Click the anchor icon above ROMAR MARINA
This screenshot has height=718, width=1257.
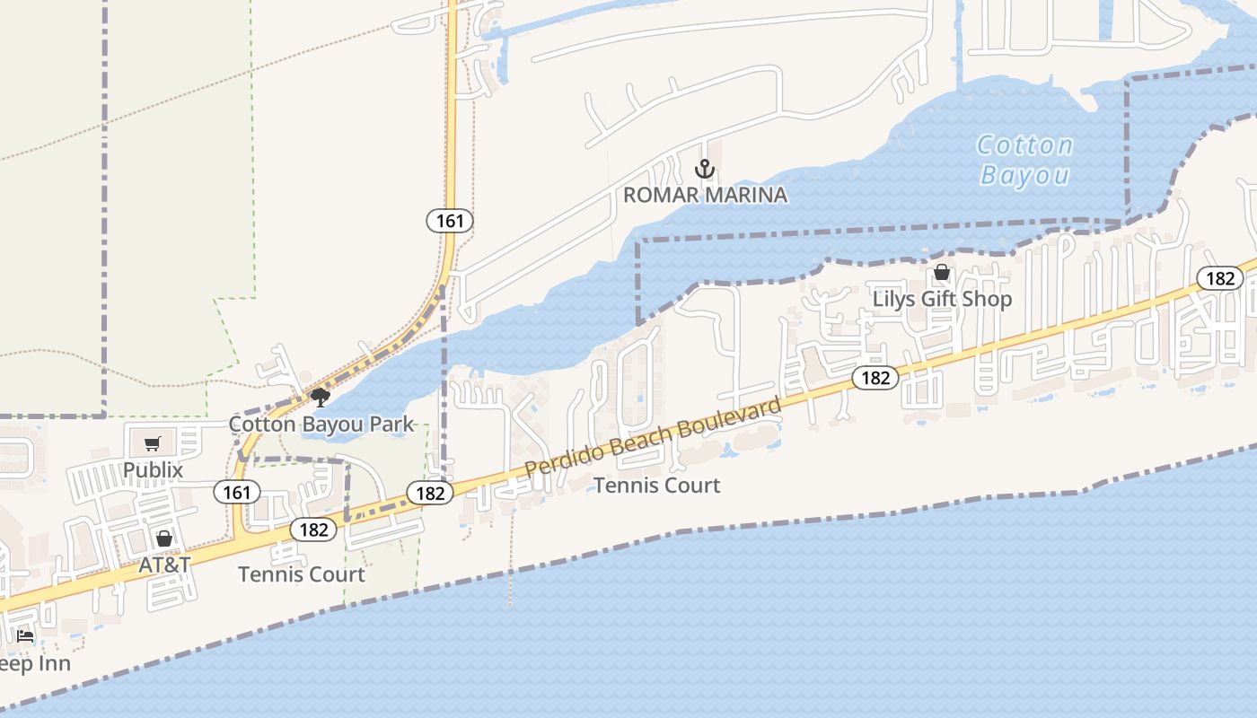point(706,168)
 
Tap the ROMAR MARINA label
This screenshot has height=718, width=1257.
point(706,195)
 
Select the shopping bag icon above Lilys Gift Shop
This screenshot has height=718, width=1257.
point(942,272)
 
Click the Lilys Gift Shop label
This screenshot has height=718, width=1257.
point(942,299)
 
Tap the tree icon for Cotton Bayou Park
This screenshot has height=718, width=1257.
point(320,397)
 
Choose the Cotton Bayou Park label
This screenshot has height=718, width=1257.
point(321,424)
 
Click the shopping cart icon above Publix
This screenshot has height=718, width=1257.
point(152,443)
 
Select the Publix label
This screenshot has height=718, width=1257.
point(153,469)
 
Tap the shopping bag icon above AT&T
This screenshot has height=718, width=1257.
point(164,538)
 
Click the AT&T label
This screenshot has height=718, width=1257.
point(164,565)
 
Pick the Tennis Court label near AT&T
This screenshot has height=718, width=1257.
point(302,574)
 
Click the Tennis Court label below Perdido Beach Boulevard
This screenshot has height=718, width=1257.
point(657,486)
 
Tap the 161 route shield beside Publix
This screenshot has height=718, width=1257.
point(237,492)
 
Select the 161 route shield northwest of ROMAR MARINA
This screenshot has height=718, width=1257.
point(449,220)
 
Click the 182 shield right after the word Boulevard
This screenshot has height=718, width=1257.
point(875,378)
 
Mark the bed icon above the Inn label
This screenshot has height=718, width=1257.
point(25,636)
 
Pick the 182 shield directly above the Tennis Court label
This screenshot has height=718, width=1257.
point(313,530)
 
